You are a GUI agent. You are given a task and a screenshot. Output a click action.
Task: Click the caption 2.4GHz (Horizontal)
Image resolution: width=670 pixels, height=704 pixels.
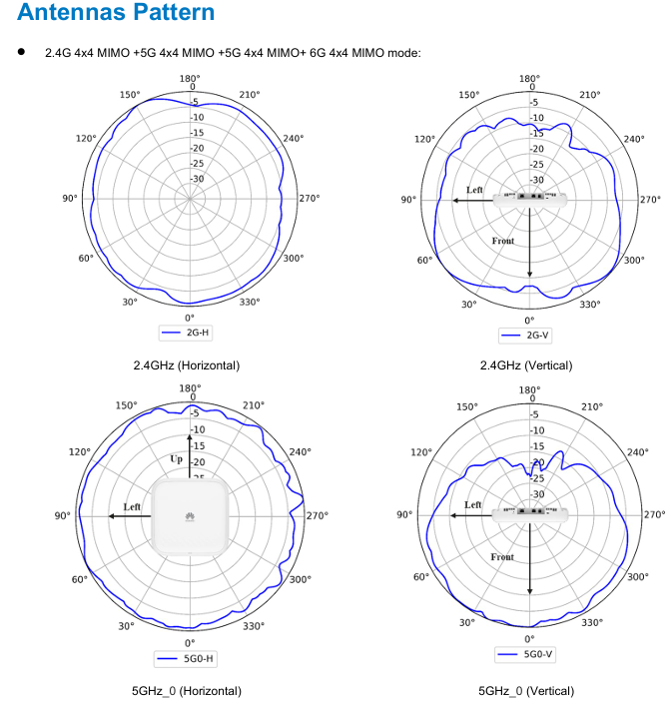pyautogui.click(x=187, y=365)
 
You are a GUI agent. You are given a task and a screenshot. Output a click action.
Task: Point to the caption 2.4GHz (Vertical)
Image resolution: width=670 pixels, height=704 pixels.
pyautogui.click(x=526, y=365)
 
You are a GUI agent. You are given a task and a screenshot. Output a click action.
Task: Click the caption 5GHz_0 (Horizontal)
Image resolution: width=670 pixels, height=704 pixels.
pyautogui.click(x=187, y=691)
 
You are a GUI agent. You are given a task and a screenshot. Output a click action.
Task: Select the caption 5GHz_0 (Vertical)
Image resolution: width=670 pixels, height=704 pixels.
pyautogui.click(x=526, y=691)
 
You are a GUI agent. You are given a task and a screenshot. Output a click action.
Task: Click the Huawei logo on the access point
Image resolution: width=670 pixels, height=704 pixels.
pyautogui.click(x=189, y=516)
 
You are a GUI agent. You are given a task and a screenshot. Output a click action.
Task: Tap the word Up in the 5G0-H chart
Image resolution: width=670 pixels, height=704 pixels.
pyautogui.click(x=176, y=459)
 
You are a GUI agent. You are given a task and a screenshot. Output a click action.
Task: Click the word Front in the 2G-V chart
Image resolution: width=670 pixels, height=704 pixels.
pyautogui.click(x=504, y=241)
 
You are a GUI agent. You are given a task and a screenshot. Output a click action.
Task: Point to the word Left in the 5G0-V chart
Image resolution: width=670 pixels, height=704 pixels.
pyautogui.click(x=473, y=505)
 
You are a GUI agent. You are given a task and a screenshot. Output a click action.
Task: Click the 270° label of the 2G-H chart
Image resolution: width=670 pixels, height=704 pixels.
pyautogui.click(x=309, y=198)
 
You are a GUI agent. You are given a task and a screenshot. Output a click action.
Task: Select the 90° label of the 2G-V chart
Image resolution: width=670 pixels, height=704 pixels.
pyautogui.click(x=409, y=200)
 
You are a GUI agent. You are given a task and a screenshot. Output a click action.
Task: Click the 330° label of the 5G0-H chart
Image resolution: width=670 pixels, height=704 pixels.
pyautogui.click(x=253, y=626)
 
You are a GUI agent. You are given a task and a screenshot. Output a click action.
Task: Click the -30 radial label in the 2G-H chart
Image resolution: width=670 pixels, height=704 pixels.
pyautogui.click(x=198, y=180)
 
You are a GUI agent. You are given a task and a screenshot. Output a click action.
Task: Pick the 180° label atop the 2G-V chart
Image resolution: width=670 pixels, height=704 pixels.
pyautogui.click(x=529, y=78)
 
